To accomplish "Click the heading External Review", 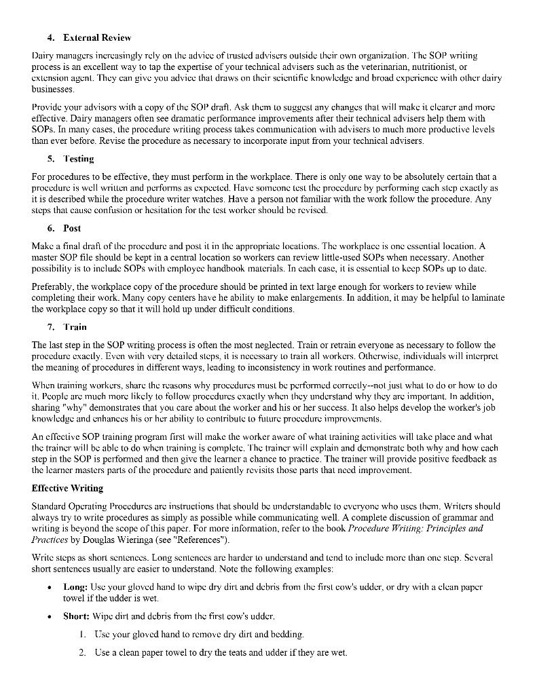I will click(97, 37).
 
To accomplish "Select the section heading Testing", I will click(79, 159).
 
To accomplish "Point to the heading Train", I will click(75, 327).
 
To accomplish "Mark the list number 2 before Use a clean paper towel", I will click(81, 652).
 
